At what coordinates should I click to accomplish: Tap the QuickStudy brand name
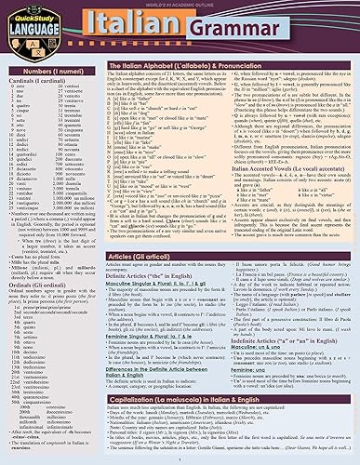(x=30, y=14)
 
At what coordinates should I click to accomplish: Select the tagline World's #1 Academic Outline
(x=180, y=4)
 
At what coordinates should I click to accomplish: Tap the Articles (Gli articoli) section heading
(x=142, y=263)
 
